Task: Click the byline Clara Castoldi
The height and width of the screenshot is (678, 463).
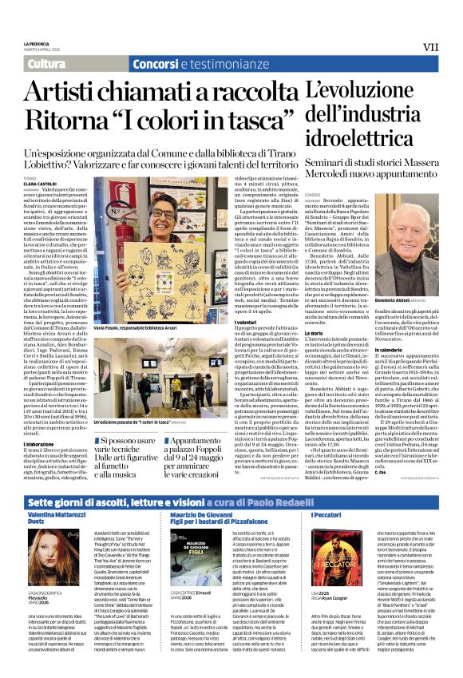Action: [41, 184]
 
